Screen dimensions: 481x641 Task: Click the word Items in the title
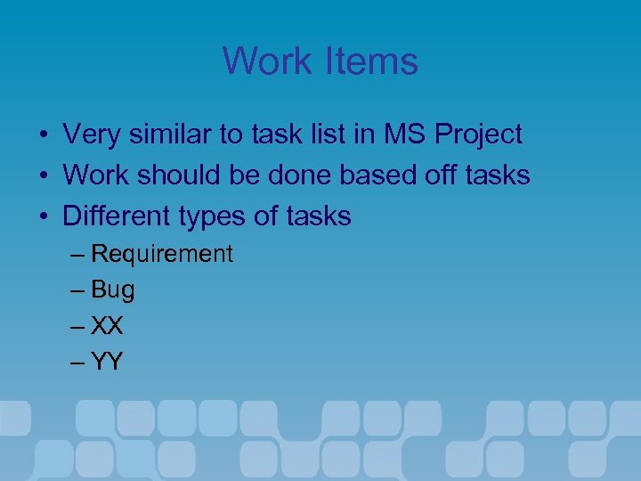click(x=374, y=61)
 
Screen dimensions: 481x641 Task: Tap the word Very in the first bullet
click(x=93, y=135)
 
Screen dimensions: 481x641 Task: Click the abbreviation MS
click(x=405, y=135)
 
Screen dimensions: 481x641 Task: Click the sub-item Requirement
click(x=162, y=255)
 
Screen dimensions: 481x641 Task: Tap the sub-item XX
click(x=108, y=326)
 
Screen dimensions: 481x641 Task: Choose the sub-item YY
click(x=108, y=362)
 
